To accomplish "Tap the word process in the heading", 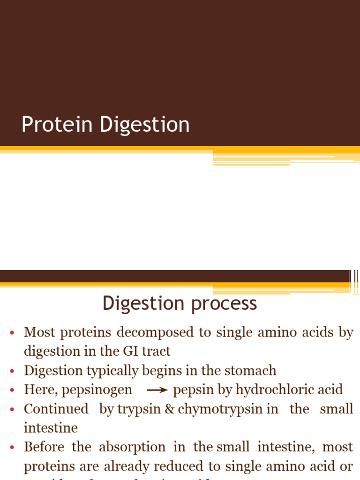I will pyautogui.click(x=224, y=304).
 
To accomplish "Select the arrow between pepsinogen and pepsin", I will pyautogui.click(x=157, y=390).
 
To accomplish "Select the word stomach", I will pyautogui.click(x=251, y=370).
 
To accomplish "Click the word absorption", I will pyautogui.click(x=132, y=447).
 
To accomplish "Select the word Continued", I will pyautogui.click(x=56, y=409).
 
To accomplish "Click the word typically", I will pyautogui.click(x=112, y=371).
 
